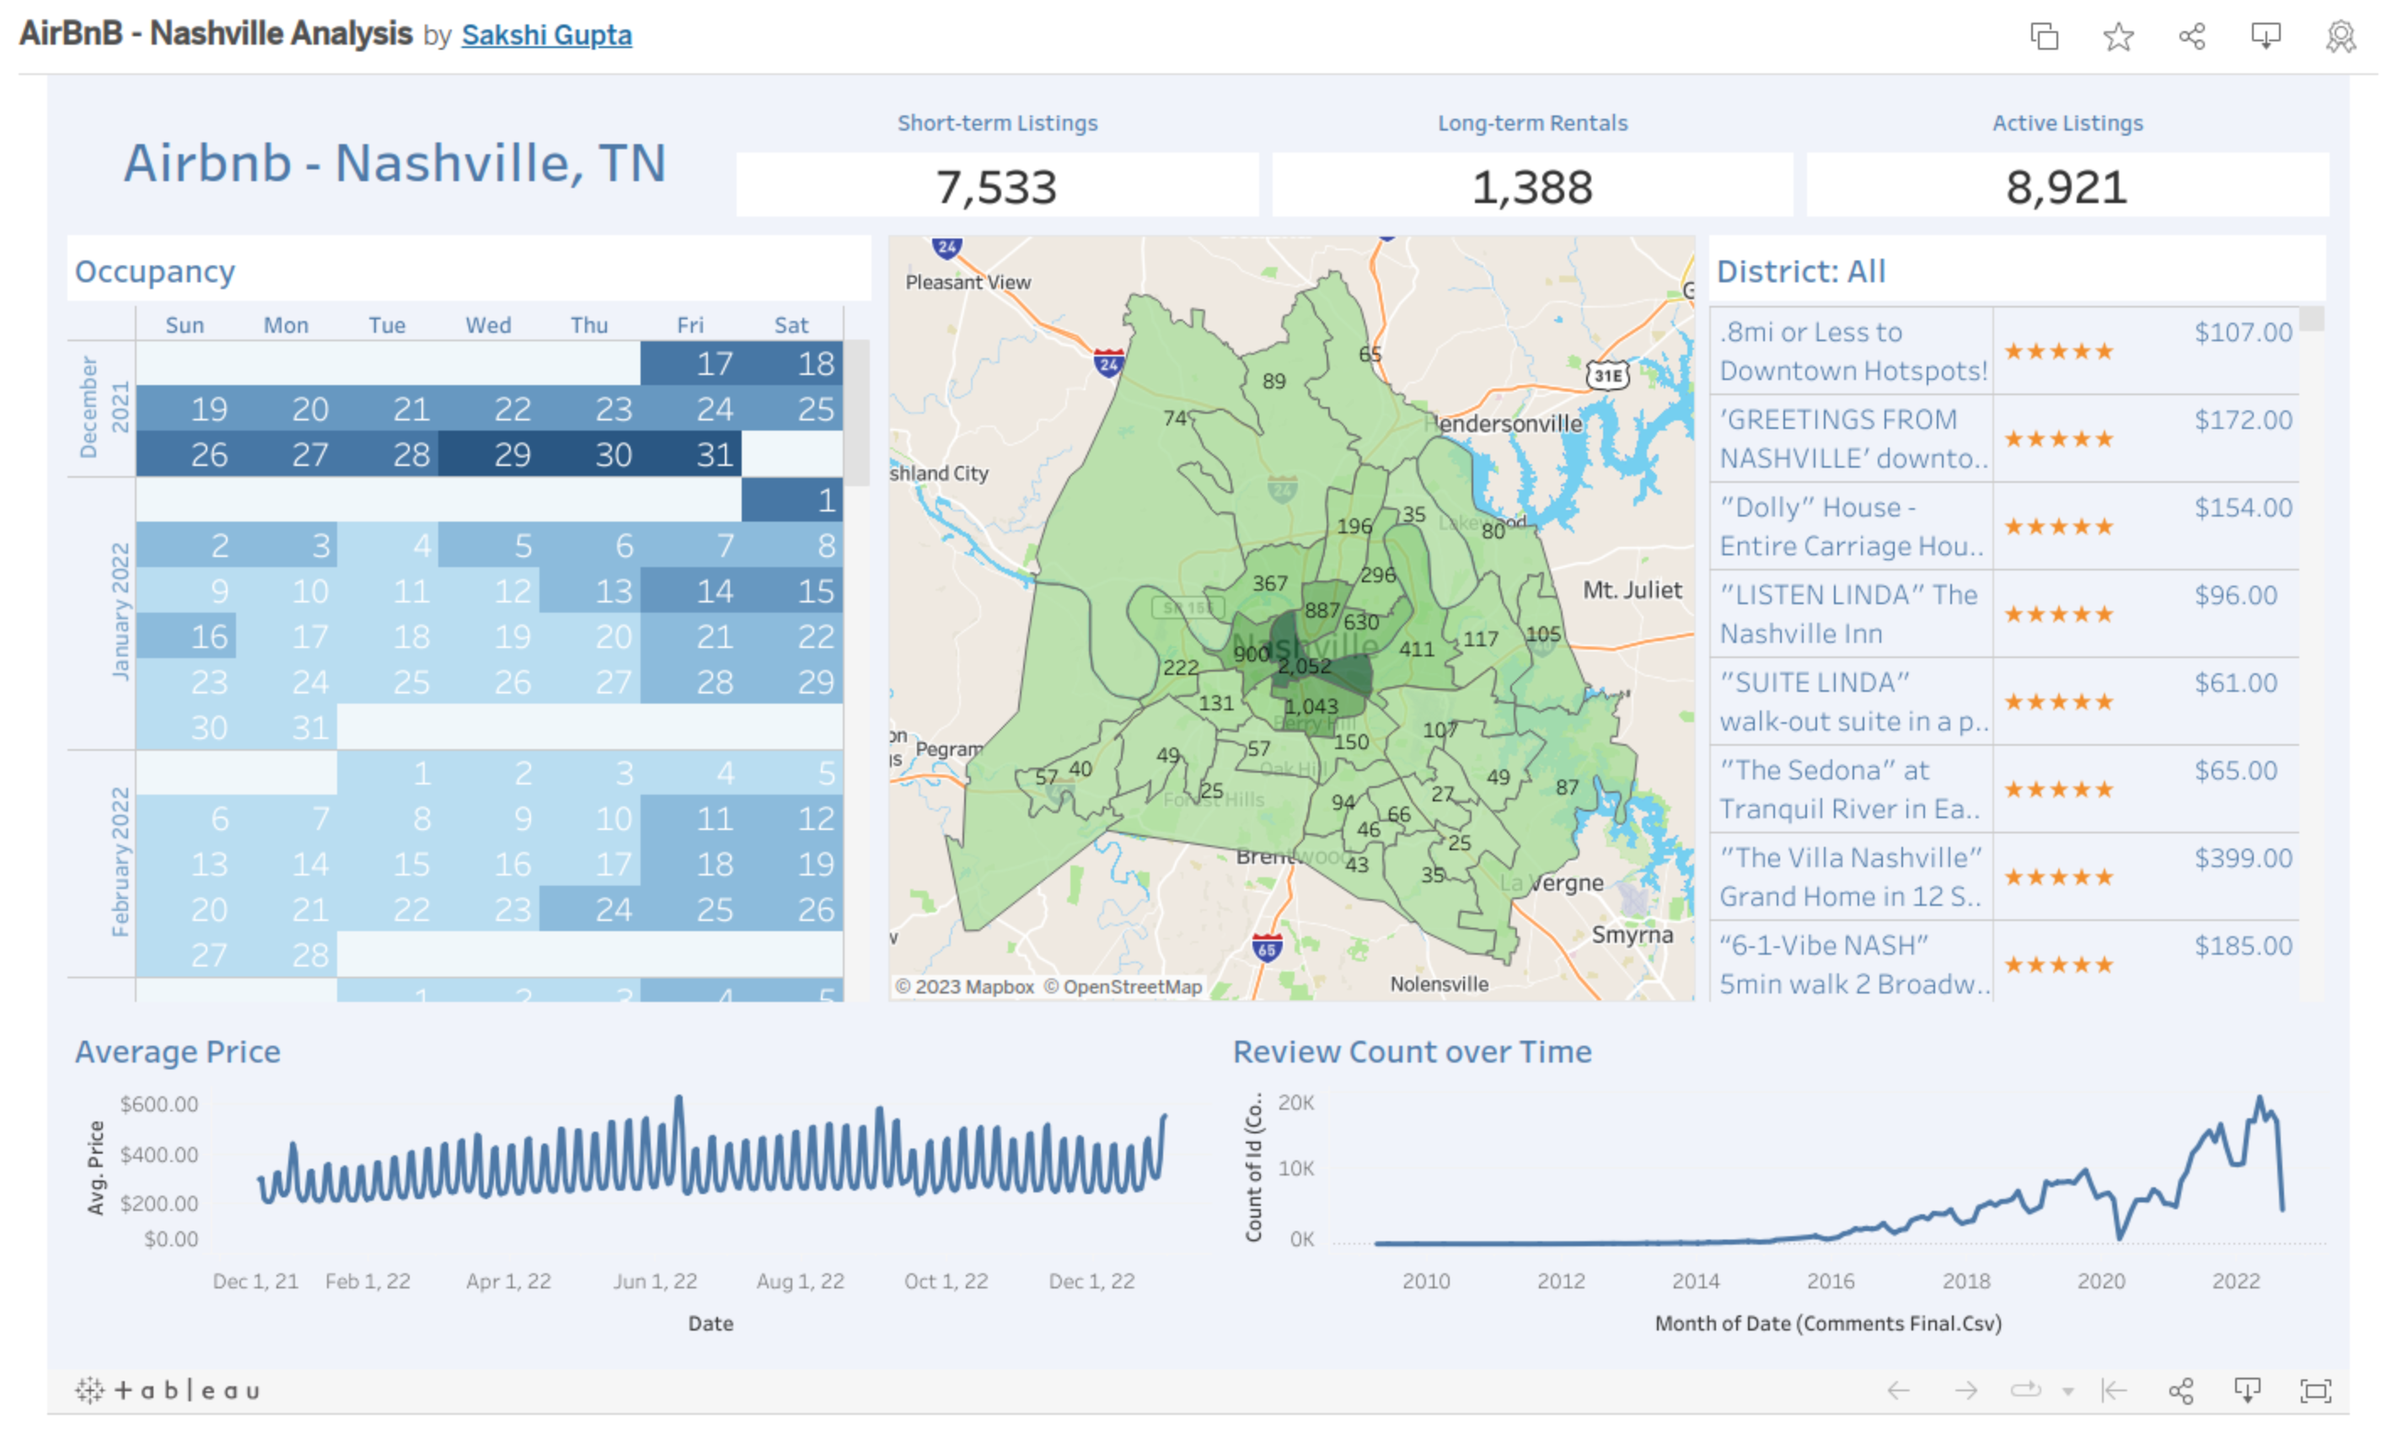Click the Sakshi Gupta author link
(x=546, y=35)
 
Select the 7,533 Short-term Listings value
(x=996, y=187)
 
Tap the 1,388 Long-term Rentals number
(x=1531, y=187)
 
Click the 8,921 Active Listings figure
(x=2067, y=187)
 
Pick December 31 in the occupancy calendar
(x=714, y=454)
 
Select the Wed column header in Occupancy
(x=487, y=324)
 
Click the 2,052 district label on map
(x=1304, y=666)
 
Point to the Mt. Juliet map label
(x=1632, y=589)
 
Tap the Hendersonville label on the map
(x=1506, y=423)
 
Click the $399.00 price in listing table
(x=2242, y=858)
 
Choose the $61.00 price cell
(x=2234, y=683)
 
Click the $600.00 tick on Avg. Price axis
(x=158, y=1104)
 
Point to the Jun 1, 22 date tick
(x=655, y=1281)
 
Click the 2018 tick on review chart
(x=1965, y=1281)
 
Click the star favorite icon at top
(x=2118, y=37)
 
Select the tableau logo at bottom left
(x=168, y=1390)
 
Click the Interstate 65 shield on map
(x=1266, y=947)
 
